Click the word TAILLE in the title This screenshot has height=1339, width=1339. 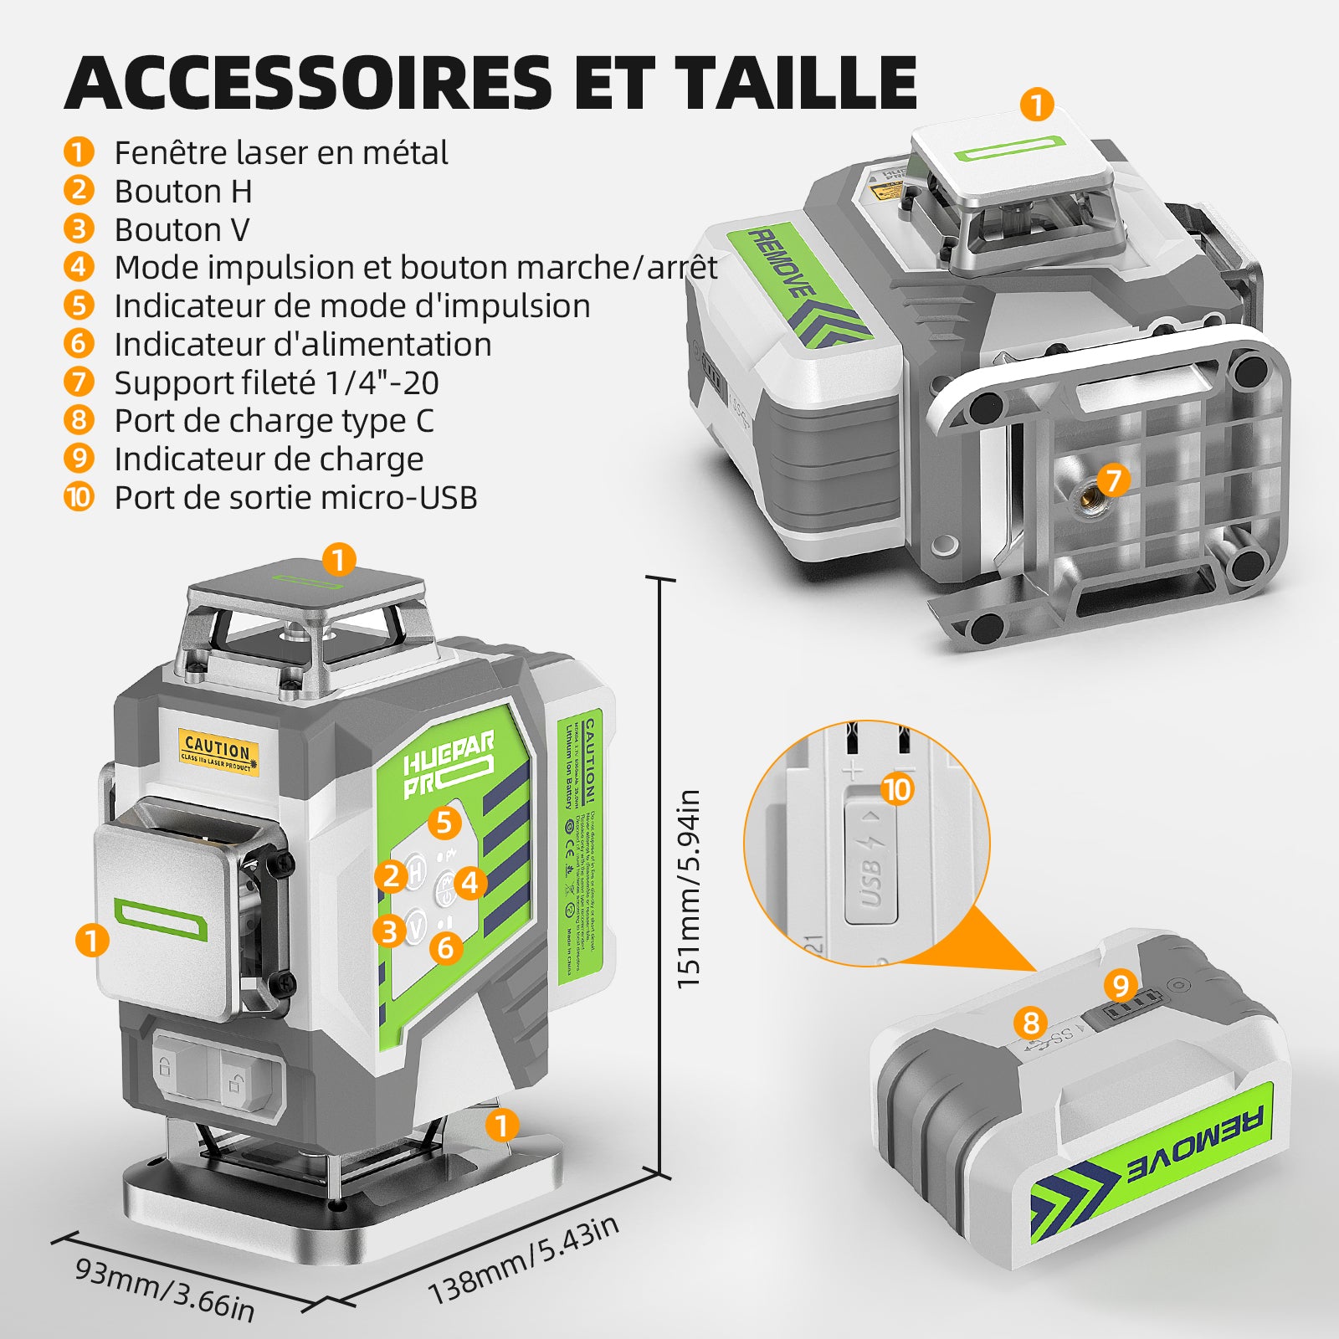tap(797, 82)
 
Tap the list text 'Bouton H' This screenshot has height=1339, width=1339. tap(182, 192)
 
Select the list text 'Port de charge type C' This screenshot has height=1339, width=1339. tap(274, 421)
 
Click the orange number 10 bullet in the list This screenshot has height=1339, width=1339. tap(79, 497)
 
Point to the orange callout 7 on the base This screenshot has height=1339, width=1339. tap(1113, 480)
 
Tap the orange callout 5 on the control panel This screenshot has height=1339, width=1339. tap(444, 823)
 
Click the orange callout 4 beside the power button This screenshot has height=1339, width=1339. tap(470, 882)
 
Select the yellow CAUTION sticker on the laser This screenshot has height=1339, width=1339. tap(218, 750)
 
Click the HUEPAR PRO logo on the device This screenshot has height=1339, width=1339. tap(446, 763)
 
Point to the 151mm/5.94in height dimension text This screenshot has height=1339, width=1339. tap(688, 889)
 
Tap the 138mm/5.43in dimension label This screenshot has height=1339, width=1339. tap(524, 1259)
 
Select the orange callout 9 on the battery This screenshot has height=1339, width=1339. tap(1121, 985)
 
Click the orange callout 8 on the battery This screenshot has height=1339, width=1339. tap(1031, 1022)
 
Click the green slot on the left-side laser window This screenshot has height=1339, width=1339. tap(160, 920)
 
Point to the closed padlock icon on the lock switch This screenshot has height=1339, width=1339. tap(165, 1067)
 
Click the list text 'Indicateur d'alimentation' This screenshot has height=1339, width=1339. tap(302, 345)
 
